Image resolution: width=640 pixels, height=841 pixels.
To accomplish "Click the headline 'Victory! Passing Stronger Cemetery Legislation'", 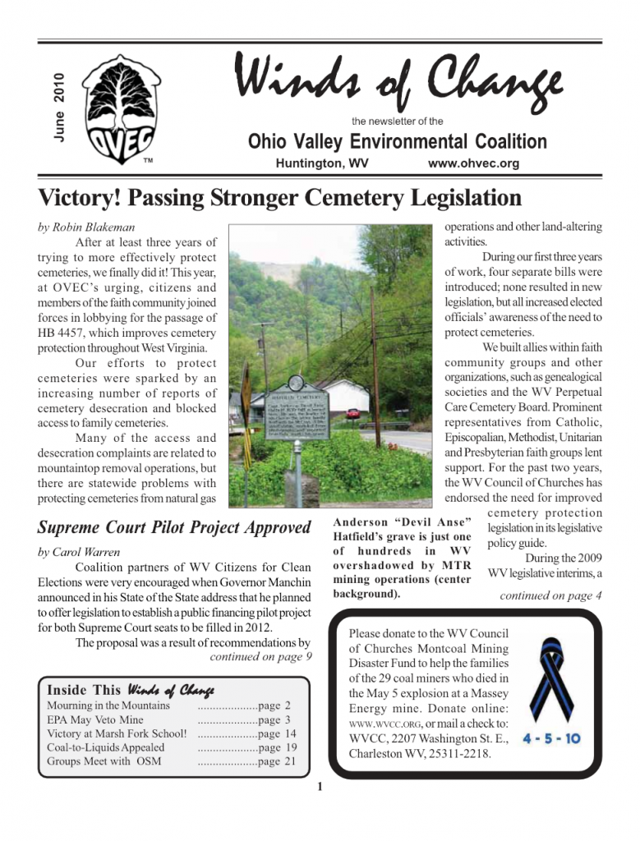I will (x=280, y=198).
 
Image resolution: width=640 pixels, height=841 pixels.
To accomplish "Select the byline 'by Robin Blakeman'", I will (x=87, y=227).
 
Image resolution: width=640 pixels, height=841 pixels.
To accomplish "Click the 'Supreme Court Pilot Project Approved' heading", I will (x=175, y=527).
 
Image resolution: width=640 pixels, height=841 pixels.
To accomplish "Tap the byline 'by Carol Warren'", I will (x=79, y=552).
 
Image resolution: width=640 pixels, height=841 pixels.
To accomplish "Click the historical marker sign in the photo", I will (x=297, y=411).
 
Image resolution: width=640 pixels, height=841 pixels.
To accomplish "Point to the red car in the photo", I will (x=352, y=414).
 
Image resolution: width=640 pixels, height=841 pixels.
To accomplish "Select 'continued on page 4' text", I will (x=550, y=596).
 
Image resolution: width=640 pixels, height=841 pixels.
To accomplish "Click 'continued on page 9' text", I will (x=260, y=656).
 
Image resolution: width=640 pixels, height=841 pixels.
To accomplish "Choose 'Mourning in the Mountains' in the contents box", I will (x=108, y=705).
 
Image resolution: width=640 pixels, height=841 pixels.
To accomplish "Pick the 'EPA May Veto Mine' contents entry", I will (x=95, y=719).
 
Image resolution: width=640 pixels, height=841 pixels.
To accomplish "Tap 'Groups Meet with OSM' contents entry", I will (x=104, y=761).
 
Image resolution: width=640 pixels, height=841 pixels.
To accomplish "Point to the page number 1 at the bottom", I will (x=320, y=790).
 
